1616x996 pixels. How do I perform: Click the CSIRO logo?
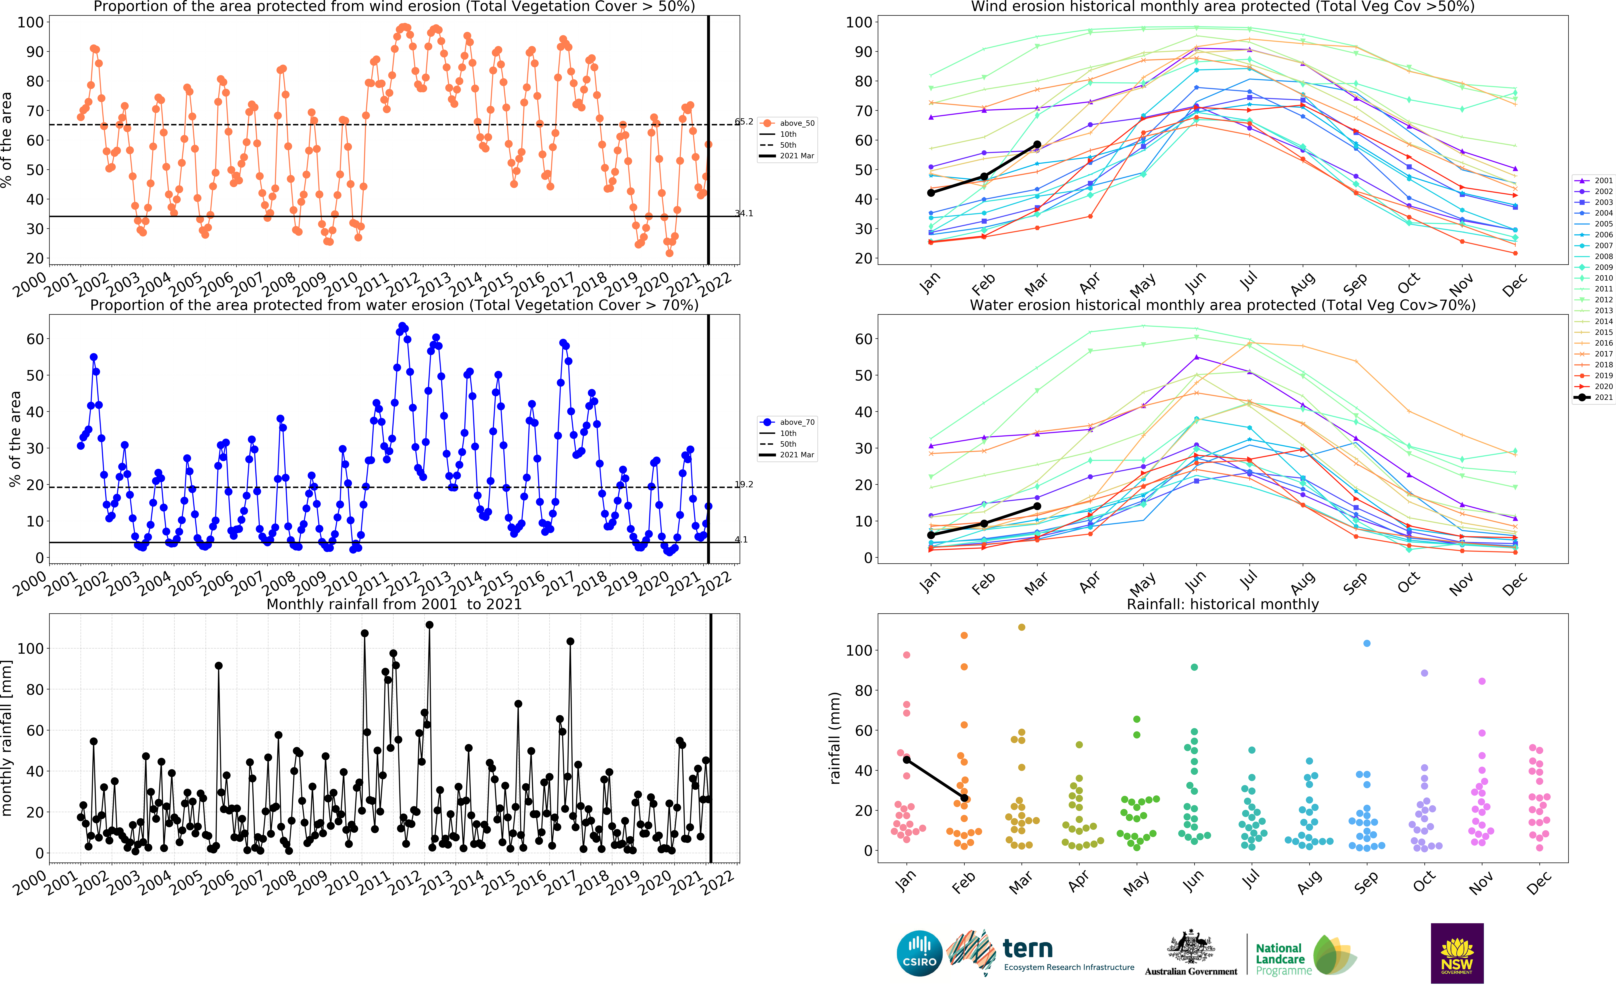[x=919, y=953]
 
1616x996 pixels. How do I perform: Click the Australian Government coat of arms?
[x=1191, y=949]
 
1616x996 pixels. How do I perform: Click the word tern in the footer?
[x=1027, y=949]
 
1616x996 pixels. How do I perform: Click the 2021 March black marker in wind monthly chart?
[x=1037, y=144]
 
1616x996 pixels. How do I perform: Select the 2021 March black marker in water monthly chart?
[x=1037, y=506]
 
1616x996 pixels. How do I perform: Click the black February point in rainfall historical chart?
[x=964, y=798]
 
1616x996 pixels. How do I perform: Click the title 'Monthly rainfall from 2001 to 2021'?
[x=394, y=604]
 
